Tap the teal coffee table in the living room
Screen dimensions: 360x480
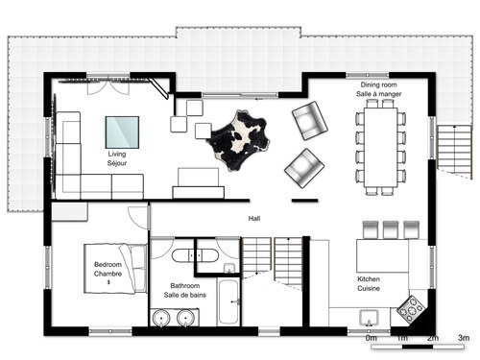point(122,130)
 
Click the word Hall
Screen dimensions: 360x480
point(254,219)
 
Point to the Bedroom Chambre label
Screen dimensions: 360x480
point(108,270)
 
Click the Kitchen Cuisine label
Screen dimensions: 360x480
point(370,281)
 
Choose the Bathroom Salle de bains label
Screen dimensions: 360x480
point(184,291)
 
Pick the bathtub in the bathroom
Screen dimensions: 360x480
point(228,302)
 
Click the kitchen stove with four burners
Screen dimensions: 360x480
point(413,307)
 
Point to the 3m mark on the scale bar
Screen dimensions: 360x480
point(462,339)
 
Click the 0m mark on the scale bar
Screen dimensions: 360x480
point(371,339)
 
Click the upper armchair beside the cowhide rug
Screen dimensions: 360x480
point(309,121)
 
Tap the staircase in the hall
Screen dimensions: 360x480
point(274,259)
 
